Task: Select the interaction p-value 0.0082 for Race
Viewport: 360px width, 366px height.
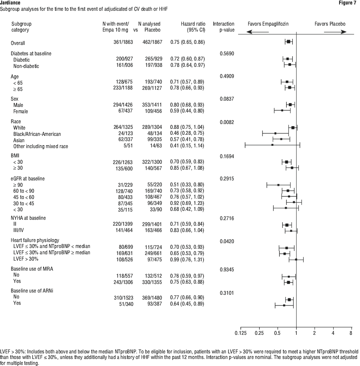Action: (227, 122)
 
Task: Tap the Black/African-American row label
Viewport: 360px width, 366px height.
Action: (37, 134)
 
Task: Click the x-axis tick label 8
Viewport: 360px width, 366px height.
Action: (351, 333)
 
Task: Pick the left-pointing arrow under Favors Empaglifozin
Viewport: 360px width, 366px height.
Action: (258, 32)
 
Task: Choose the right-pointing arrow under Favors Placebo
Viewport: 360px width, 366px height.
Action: (335, 32)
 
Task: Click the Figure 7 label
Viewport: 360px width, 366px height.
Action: (347, 3)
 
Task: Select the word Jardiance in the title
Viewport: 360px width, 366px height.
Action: (10, 3)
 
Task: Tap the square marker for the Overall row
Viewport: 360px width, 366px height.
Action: (289, 42)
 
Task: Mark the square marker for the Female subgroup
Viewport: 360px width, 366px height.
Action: (282, 110)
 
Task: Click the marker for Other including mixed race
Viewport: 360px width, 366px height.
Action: (272, 145)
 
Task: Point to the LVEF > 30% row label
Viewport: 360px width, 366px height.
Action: (26, 259)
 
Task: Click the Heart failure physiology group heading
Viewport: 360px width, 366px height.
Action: (35, 240)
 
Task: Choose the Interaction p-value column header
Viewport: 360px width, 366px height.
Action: (224, 27)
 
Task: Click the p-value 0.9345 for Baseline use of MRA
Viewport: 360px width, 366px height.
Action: (227, 269)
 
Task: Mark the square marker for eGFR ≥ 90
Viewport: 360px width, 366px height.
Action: (278, 185)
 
